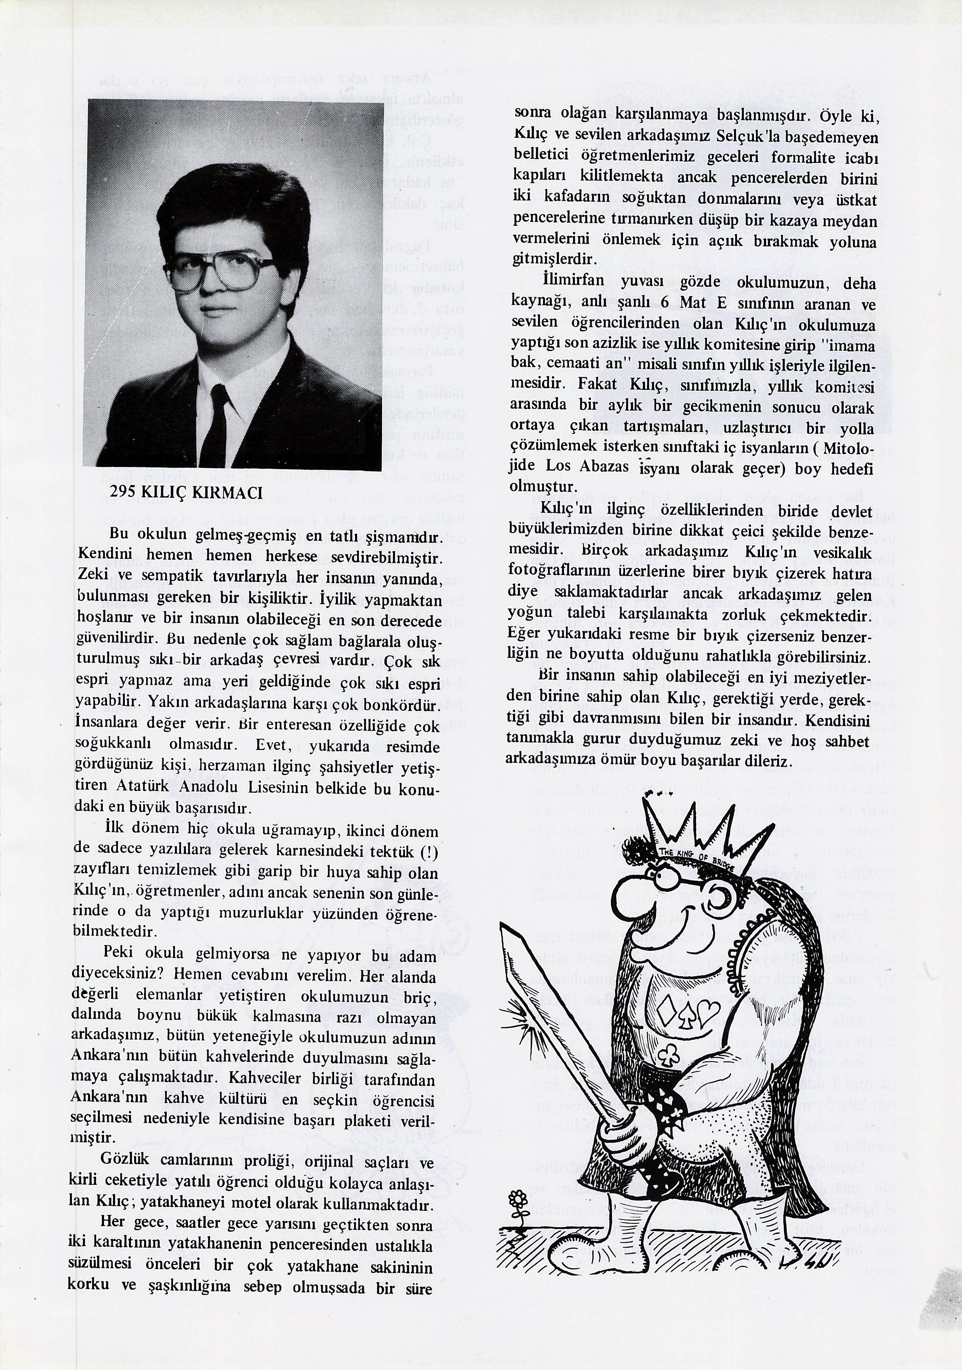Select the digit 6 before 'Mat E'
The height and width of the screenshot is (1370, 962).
coord(664,303)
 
